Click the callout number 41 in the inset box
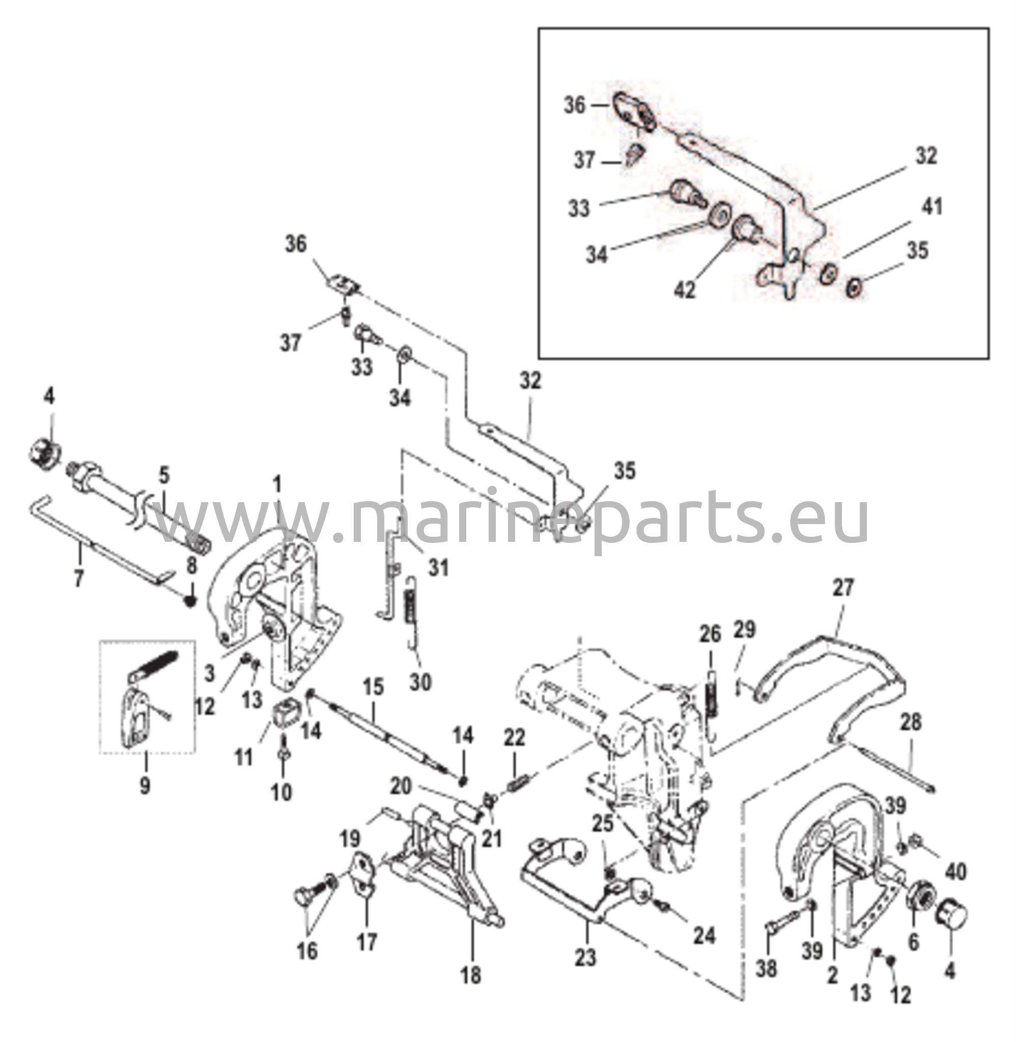pos(932,207)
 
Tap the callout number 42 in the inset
pos(685,290)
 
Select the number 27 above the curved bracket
pos(843,587)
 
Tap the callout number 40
pos(955,872)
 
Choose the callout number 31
pos(439,568)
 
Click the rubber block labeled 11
pos(287,714)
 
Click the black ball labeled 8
pos(189,601)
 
